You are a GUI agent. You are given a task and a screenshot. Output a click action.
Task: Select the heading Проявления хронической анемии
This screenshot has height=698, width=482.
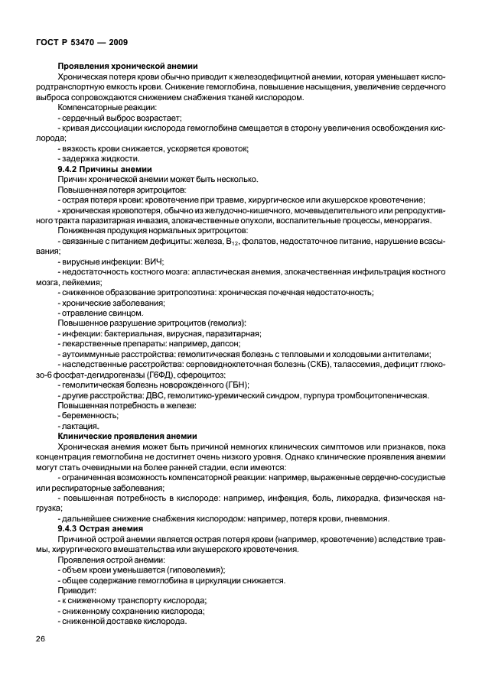(x=129, y=67)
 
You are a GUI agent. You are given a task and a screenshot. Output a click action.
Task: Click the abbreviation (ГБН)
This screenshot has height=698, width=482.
(x=245, y=385)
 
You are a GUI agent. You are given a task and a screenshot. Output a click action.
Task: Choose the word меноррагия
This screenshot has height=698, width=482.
(x=408, y=220)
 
